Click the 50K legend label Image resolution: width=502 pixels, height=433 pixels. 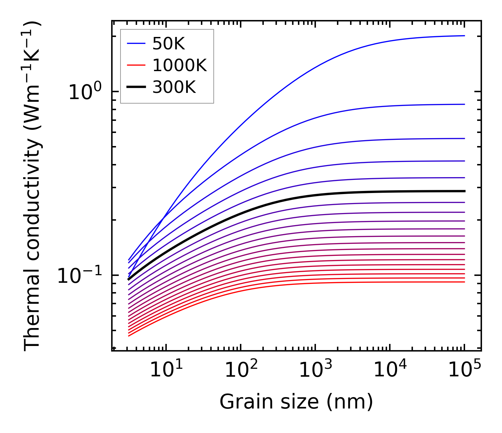pyautogui.click(x=168, y=44)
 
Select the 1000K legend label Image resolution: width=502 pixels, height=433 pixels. pyautogui.click(x=180, y=66)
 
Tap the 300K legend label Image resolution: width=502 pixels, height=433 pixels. pyautogui.click(x=174, y=87)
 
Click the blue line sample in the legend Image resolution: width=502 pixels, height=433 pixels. pyautogui.click(x=136, y=44)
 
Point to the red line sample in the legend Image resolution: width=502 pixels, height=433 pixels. pyautogui.click(x=136, y=66)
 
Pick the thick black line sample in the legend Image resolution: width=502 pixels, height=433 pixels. pyautogui.click(x=136, y=87)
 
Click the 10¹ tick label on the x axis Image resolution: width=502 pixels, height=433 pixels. pyautogui.click(x=166, y=371)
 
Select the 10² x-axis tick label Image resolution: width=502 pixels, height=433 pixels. pyautogui.click(x=241, y=371)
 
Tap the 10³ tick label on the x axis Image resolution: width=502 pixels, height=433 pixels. pyautogui.click(x=316, y=371)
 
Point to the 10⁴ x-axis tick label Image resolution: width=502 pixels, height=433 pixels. pyautogui.click(x=390, y=371)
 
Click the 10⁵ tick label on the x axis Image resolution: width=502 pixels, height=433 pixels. pyautogui.click(x=465, y=371)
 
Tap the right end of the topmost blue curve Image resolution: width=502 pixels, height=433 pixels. pyautogui.click(x=464, y=36)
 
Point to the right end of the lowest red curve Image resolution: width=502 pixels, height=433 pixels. pyautogui.click(x=464, y=282)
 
